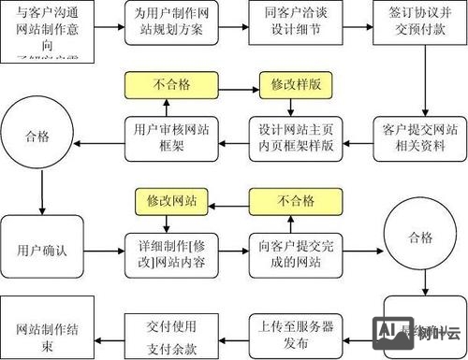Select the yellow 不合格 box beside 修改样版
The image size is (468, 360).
pos(165,83)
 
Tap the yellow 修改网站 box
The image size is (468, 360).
pos(165,199)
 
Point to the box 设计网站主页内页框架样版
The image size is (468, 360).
pos(289,139)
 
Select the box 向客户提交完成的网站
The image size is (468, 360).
pos(289,251)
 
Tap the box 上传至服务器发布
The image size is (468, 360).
pos(289,329)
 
